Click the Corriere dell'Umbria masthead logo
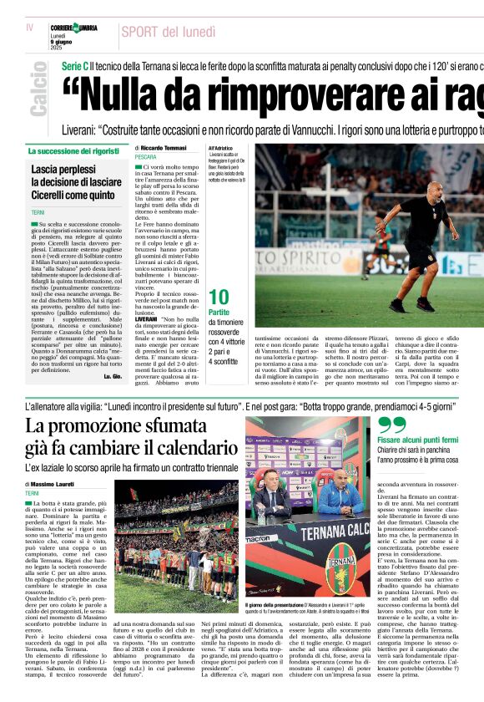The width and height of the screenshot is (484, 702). tap(74, 30)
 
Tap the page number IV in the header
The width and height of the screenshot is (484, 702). tap(30, 28)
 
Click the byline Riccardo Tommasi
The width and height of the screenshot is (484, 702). tap(163, 148)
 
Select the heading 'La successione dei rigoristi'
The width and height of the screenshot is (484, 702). tap(73, 151)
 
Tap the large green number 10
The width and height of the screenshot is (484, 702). tap(219, 297)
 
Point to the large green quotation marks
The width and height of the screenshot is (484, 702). tap(392, 425)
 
